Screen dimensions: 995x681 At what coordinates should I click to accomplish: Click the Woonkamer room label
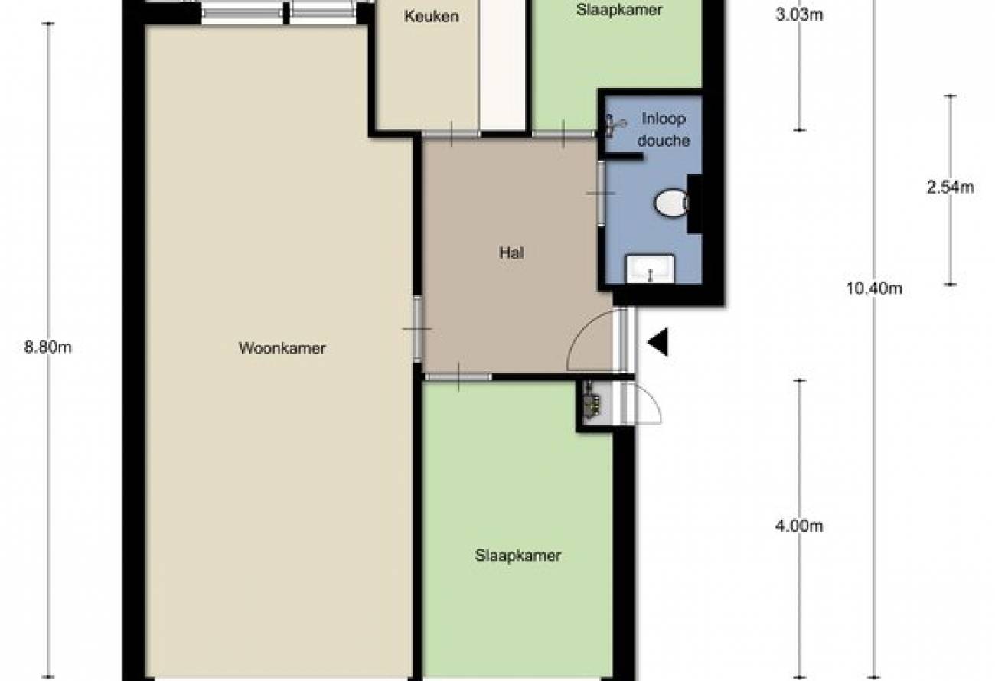coord(282,348)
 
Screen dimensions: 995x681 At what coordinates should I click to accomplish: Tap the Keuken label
coord(432,16)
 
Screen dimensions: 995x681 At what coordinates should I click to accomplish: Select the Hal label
coord(512,253)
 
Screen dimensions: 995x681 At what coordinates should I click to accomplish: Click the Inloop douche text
coord(664,129)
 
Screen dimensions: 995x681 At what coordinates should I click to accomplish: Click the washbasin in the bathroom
coord(650,269)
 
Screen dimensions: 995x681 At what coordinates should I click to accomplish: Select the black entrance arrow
coord(657,342)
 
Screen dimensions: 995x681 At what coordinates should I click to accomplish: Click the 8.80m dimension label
coord(47,347)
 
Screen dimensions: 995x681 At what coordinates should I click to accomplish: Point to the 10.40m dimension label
coord(874,288)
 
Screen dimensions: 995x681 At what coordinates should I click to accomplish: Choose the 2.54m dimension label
coord(950,187)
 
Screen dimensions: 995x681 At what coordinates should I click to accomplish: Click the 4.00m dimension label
coord(799,526)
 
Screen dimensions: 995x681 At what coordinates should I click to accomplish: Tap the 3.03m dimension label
coord(799,15)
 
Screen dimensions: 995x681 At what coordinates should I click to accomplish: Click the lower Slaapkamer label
coord(518,556)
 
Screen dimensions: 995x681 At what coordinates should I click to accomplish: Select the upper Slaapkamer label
coord(619,10)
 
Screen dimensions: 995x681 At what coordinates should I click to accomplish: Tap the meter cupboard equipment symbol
coord(591,400)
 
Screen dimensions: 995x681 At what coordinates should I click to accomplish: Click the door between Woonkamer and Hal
coord(417,328)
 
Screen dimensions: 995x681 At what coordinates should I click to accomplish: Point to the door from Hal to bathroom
coord(601,194)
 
